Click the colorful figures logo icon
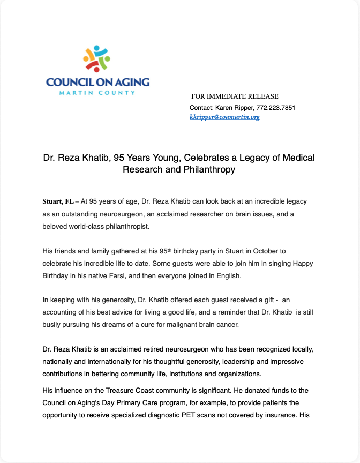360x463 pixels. pos(97,59)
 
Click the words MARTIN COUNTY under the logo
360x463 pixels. pos(97,93)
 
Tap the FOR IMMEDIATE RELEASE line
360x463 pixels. pos(235,96)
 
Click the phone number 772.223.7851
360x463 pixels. pos(276,108)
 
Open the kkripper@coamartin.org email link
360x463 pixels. pos(224,117)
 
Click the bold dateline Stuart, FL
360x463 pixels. pos(58,201)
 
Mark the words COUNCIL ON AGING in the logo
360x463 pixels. pos(97,83)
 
